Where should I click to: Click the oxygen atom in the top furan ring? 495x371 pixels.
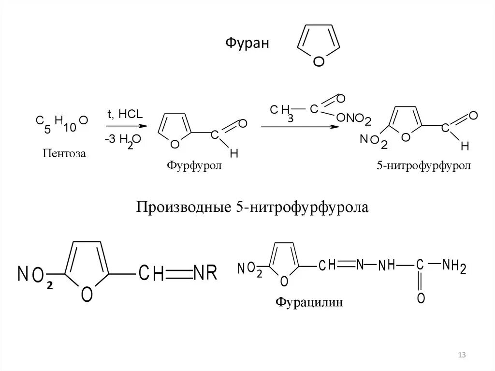click(319, 61)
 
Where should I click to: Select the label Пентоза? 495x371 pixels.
click(64, 154)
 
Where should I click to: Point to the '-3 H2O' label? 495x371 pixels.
click(122, 140)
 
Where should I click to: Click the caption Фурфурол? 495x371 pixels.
click(194, 166)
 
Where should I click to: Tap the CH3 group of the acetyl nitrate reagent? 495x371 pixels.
click(282, 112)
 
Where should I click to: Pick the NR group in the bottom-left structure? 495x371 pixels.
click(205, 273)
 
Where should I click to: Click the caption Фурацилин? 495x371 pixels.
click(309, 303)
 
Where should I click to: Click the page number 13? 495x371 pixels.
click(461, 356)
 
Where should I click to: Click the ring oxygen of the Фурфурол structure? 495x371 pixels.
click(175, 143)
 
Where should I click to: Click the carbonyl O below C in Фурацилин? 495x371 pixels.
click(421, 298)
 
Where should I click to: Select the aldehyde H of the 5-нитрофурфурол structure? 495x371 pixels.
click(465, 146)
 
